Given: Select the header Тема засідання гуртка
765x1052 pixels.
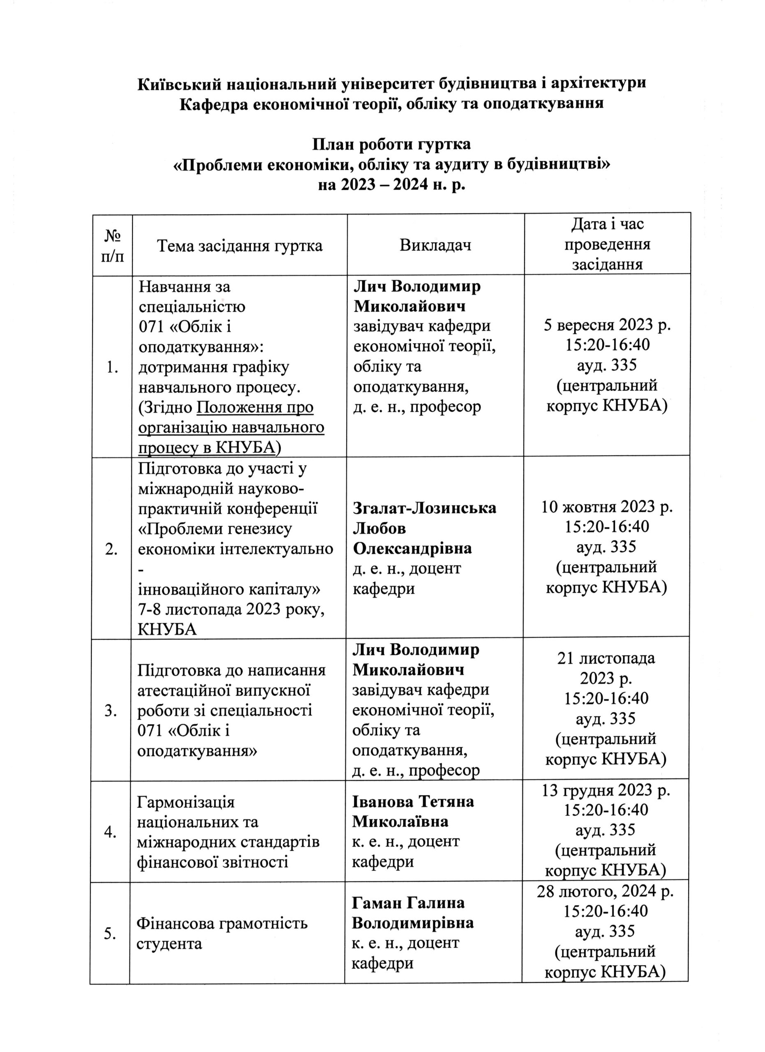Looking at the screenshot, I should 239,245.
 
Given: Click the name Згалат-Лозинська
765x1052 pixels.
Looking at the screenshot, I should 425,508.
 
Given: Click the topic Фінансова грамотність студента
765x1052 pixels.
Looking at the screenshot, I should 222,933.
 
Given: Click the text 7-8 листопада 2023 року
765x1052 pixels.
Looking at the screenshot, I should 231,609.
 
